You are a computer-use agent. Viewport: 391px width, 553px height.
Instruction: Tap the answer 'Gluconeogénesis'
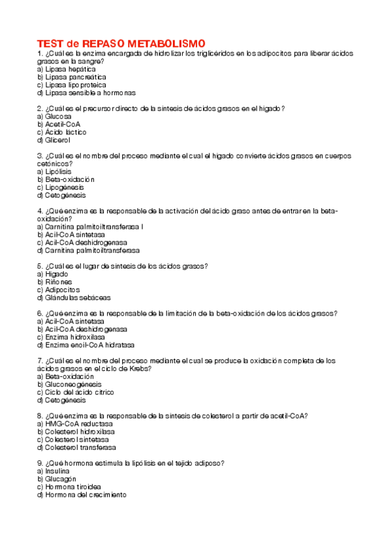pyautogui.click(x=75, y=384)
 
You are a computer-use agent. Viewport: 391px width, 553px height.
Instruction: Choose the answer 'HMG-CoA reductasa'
pyautogui.click(x=75, y=424)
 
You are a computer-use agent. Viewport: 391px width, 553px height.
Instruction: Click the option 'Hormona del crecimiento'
pyautogui.click(x=82, y=495)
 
